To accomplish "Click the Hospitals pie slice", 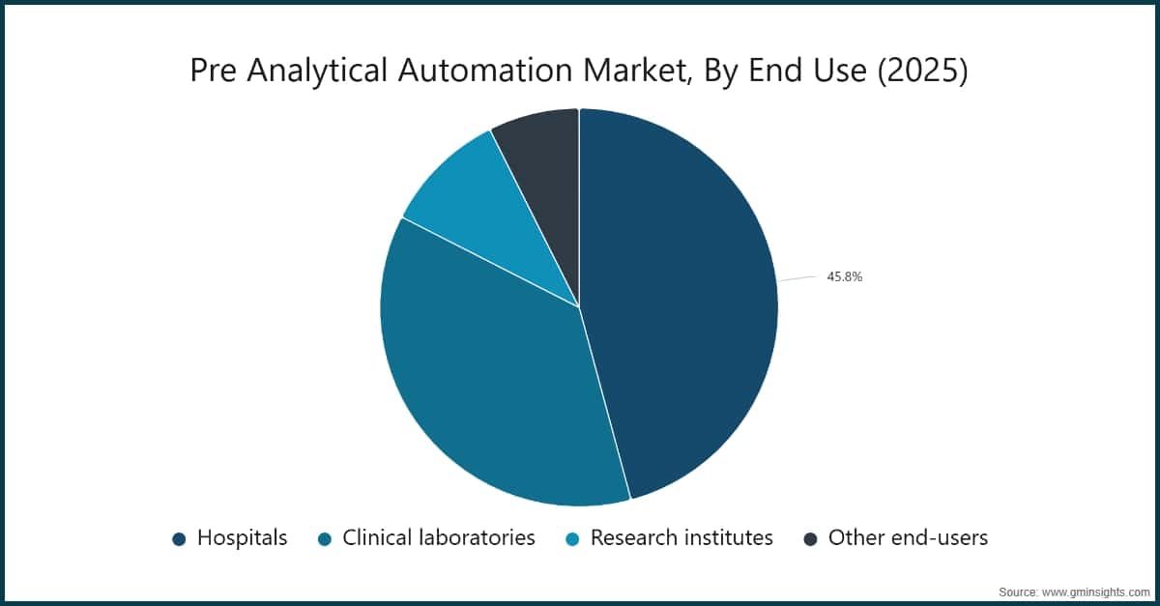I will pyautogui.click(x=686, y=300).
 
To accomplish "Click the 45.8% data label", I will pyautogui.click(x=844, y=276).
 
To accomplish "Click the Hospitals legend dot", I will pyautogui.click(x=179, y=538).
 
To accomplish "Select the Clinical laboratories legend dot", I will pyautogui.click(x=325, y=538).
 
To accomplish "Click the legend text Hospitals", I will pyautogui.click(x=242, y=537).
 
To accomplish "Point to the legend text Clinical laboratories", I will pyautogui.click(x=438, y=537).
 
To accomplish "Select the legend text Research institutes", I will pyautogui.click(x=681, y=537).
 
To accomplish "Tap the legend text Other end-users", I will pyautogui.click(x=908, y=537).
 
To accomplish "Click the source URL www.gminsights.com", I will pyautogui.click(x=1095, y=591).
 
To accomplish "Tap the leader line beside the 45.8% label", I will pyautogui.click(x=797, y=278).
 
